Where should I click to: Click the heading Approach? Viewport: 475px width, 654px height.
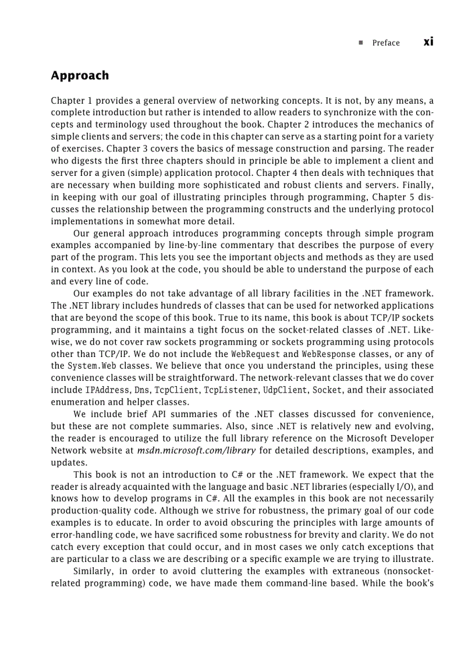click(x=80, y=76)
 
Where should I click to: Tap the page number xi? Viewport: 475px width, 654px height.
click(x=428, y=41)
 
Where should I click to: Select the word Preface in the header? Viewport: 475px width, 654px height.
click(x=386, y=43)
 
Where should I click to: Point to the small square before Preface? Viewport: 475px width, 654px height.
click(x=361, y=43)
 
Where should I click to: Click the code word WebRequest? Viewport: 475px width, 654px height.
click(x=256, y=354)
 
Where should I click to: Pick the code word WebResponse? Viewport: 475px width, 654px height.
click(x=327, y=354)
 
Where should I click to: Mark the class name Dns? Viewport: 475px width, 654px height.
click(x=143, y=390)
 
